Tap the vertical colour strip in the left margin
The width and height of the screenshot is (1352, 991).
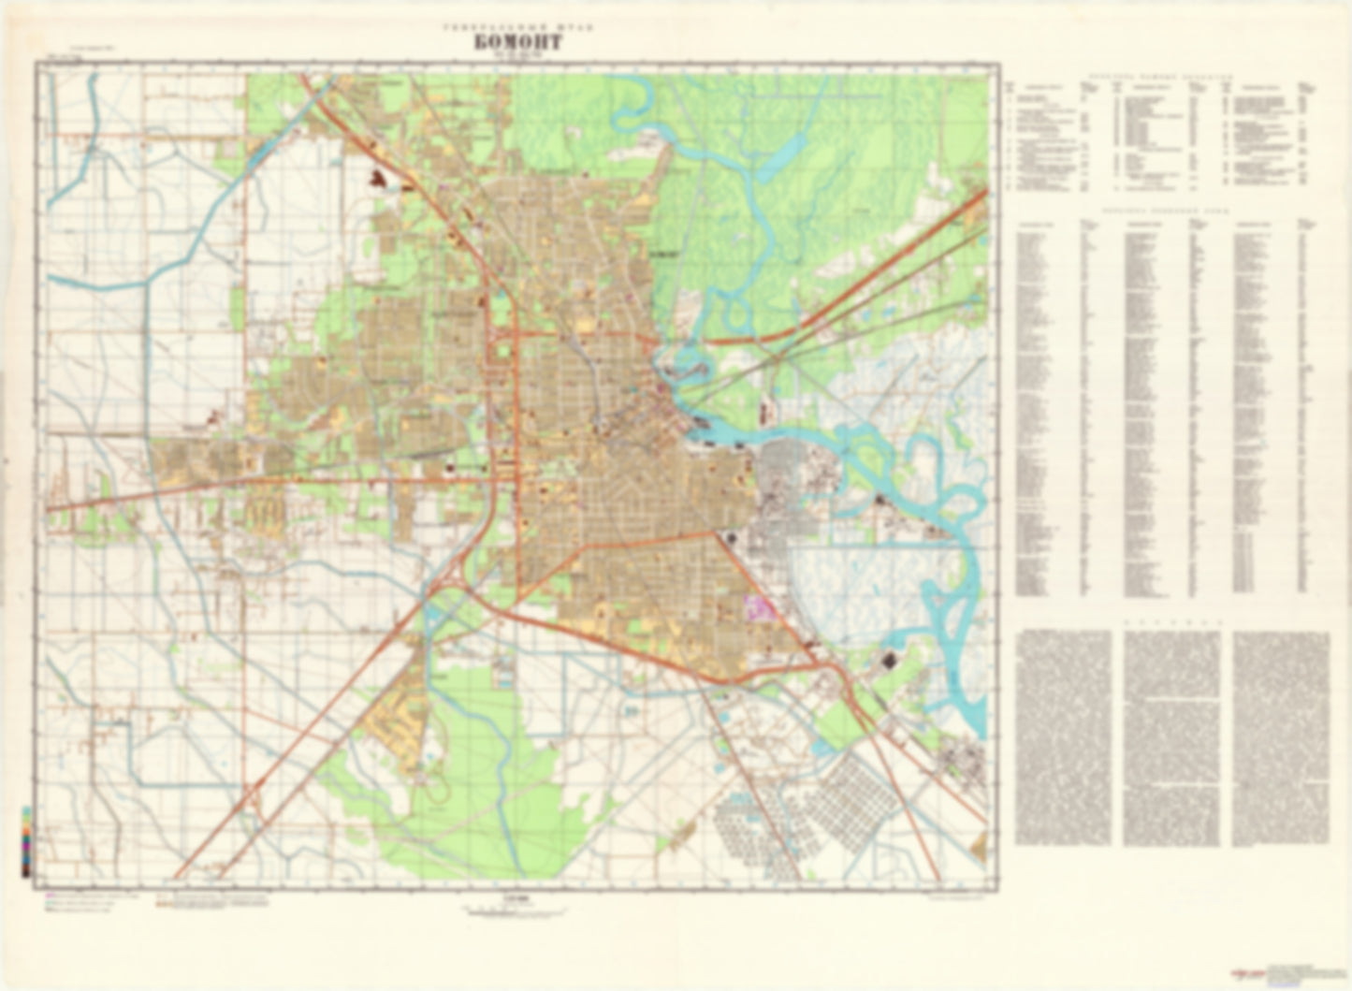26,839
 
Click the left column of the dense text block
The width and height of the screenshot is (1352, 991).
1063,737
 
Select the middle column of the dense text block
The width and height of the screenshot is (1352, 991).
1171,737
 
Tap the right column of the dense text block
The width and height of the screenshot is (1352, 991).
1281,737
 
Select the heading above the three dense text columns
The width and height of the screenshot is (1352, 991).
1171,620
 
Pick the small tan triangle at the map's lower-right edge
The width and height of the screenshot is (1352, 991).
980,847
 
